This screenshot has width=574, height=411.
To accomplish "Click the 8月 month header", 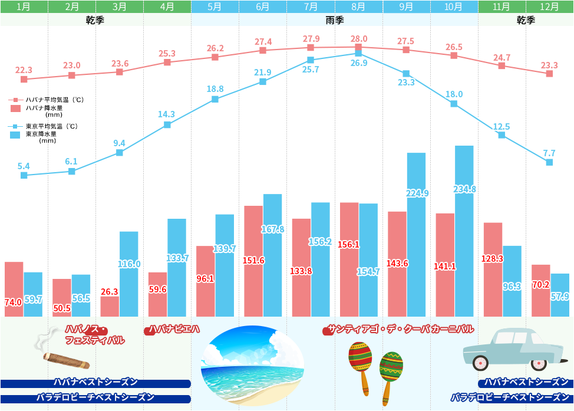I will click(x=358, y=7).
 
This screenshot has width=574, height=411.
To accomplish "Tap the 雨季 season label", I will click(x=335, y=20).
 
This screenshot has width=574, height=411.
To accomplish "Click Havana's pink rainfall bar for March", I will click(x=110, y=307).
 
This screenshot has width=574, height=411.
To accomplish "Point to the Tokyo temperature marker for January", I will click(x=24, y=175).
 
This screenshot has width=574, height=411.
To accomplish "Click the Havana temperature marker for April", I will click(x=167, y=62).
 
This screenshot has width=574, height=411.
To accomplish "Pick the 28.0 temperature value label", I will click(x=358, y=39).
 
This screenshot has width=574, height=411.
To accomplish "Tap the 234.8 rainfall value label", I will click(x=464, y=189).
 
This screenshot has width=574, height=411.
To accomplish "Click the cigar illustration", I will click(x=66, y=360).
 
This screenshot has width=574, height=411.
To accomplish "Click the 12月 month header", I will click(x=550, y=7).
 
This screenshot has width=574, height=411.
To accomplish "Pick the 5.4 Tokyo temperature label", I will click(x=24, y=166).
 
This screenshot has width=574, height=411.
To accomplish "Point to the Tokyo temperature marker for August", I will click(x=358, y=54).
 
